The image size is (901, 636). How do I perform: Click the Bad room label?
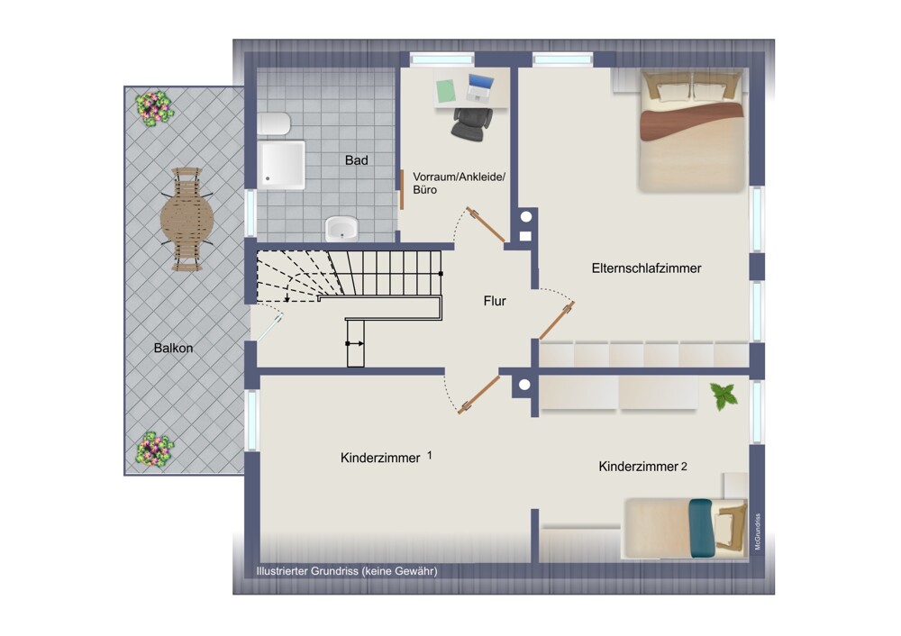click(356, 160)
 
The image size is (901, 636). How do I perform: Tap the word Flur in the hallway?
click(495, 301)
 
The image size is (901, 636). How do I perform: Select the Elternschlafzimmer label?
click(646, 268)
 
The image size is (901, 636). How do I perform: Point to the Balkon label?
click(174, 348)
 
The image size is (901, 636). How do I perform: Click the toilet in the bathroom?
click(274, 123)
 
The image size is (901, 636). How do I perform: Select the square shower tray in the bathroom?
click(281, 165)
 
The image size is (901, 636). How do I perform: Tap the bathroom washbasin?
click(341, 229)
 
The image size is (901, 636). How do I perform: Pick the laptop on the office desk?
click(480, 88)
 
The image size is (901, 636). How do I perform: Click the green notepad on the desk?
click(446, 91)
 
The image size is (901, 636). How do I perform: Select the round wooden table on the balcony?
click(187, 219)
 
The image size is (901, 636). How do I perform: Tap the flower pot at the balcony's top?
click(154, 108)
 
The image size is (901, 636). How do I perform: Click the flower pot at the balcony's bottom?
click(154, 449)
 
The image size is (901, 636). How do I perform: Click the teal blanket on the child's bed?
click(701, 528)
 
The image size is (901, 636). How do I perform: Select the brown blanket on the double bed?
click(692, 122)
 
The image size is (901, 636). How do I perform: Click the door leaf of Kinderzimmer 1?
click(478, 395)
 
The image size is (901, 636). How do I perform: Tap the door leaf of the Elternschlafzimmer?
click(557, 321)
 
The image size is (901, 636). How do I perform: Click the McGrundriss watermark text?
click(758, 532)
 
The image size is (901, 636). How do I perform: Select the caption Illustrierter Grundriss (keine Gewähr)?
click(347, 571)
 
